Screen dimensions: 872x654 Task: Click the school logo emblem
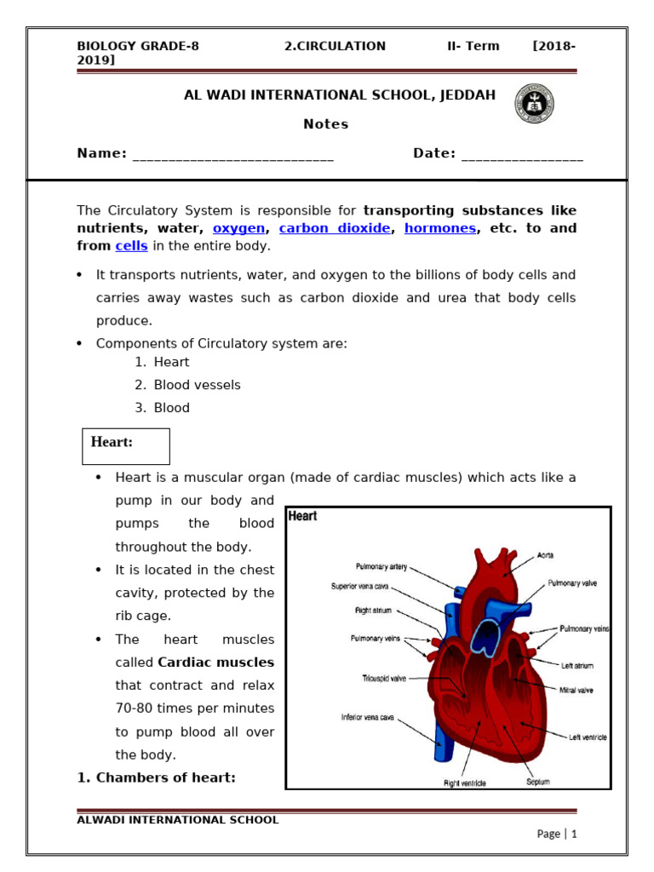pyautogui.click(x=533, y=104)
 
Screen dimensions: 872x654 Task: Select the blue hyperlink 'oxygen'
pyautogui.click(x=238, y=228)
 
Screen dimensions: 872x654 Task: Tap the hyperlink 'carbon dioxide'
pyautogui.click(x=335, y=228)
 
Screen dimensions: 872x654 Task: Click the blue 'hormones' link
pyautogui.click(x=439, y=228)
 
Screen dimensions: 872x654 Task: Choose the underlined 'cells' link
pyautogui.click(x=131, y=246)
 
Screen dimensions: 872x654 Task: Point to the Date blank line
pyautogui.click(x=522, y=155)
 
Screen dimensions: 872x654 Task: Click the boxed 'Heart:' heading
pyautogui.click(x=125, y=445)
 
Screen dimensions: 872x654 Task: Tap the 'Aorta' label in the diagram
pyautogui.click(x=545, y=555)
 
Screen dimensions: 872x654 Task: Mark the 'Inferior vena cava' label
pyautogui.click(x=370, y=718)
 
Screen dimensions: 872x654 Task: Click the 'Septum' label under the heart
pyautogui.click(x=539, y=781)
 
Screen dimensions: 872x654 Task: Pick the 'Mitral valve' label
pyautogui.click(x=577, y=690)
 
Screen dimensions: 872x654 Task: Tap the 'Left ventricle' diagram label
pyautogui.click(x=588, y=737)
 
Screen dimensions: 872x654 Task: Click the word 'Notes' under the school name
pyautogui.click(x=326, y=124)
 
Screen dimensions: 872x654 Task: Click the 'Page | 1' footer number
pyautogui.click(x=557, y=835)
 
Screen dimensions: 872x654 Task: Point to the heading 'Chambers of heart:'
pyautogui.click(x=157, y=777)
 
